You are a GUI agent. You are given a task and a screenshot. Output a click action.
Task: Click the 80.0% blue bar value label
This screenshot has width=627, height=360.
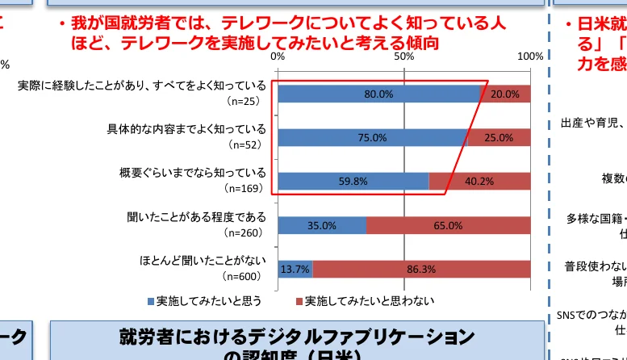[378, 94]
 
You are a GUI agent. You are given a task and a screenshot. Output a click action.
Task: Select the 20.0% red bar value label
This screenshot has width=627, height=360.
[505, 94]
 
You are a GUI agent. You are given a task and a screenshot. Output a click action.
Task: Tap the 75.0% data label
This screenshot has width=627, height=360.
[372, 138]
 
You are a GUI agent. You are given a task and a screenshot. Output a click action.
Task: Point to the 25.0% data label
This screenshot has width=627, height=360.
[499, 138]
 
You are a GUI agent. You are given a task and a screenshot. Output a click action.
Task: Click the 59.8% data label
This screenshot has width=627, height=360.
[353, 182]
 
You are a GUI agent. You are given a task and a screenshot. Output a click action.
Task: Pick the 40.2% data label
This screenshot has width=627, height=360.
[479, 182]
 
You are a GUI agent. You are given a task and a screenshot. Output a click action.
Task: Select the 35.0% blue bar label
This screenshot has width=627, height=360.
[322, 226]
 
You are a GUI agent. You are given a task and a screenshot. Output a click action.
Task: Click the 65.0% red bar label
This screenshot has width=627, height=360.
[448, 226]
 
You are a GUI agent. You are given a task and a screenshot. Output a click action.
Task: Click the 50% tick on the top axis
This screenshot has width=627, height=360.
[404, 57]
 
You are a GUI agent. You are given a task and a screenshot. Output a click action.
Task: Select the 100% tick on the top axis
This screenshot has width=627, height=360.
[530, 57]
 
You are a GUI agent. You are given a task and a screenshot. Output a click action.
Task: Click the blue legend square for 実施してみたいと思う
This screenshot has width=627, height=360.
[151, 301]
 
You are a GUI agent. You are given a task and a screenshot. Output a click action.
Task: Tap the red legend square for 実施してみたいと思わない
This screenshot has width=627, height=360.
[299, 301]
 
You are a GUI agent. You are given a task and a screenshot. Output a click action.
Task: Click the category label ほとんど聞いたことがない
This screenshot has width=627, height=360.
[203, 261]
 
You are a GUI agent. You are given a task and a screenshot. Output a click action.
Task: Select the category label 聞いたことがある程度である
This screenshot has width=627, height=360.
[196, 217]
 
